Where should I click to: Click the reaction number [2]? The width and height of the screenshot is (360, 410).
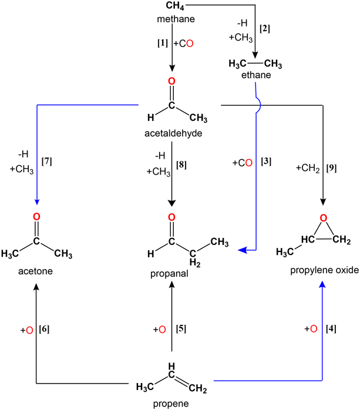pyautogui.click(x=264, y=28)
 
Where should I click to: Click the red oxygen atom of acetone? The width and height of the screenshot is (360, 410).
pyautogui.click(x=36, y=217)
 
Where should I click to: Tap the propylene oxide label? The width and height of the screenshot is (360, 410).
pyautogui.click(x=320, y=272)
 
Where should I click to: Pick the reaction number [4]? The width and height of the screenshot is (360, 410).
pyautogui.click(x=331, y=329)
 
